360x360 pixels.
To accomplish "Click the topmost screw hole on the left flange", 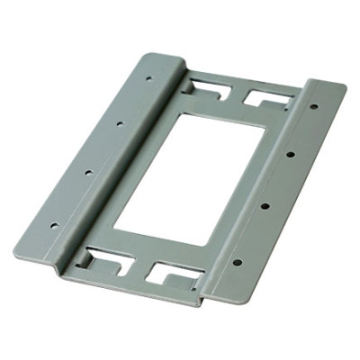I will (x=148, y=77).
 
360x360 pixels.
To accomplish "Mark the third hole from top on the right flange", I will (x=265, y=207).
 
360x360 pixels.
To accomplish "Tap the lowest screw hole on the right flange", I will (x=238, y=263).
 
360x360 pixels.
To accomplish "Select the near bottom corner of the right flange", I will (x=211, y=300).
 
